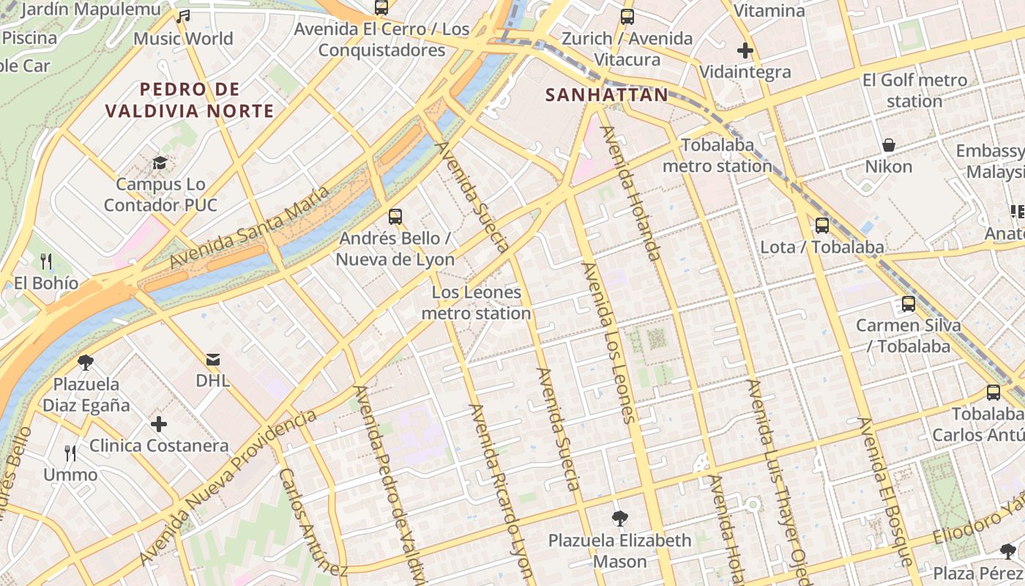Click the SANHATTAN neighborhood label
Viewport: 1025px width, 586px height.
point(607,94)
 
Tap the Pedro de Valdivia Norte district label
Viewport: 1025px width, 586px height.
point(190,100)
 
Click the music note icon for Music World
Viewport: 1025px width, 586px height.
point(183,16)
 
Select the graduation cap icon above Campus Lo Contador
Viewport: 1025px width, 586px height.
point(160,163)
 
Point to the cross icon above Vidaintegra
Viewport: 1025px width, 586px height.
point(745,51)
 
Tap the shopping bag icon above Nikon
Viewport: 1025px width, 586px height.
point(889,145)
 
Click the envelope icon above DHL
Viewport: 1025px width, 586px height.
point(213,359)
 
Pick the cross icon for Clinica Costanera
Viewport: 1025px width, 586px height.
point(159,424)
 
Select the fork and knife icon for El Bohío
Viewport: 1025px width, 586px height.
point(45,261)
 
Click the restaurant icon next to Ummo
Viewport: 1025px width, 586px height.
point(70,453)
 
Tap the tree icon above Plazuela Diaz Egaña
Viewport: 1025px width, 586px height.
point(86,362)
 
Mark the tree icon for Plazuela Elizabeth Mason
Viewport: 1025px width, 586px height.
point(619,519)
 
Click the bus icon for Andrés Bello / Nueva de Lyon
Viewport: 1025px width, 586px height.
point(395,216)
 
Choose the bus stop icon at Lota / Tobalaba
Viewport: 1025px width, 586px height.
point(822,226)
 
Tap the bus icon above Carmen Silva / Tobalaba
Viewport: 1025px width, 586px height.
point(909,303)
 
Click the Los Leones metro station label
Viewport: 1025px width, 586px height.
point(477,303)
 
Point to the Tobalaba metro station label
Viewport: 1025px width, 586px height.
point(717,155)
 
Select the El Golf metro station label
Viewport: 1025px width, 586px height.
point(914,90)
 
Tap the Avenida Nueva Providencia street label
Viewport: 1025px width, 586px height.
point(228,489)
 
